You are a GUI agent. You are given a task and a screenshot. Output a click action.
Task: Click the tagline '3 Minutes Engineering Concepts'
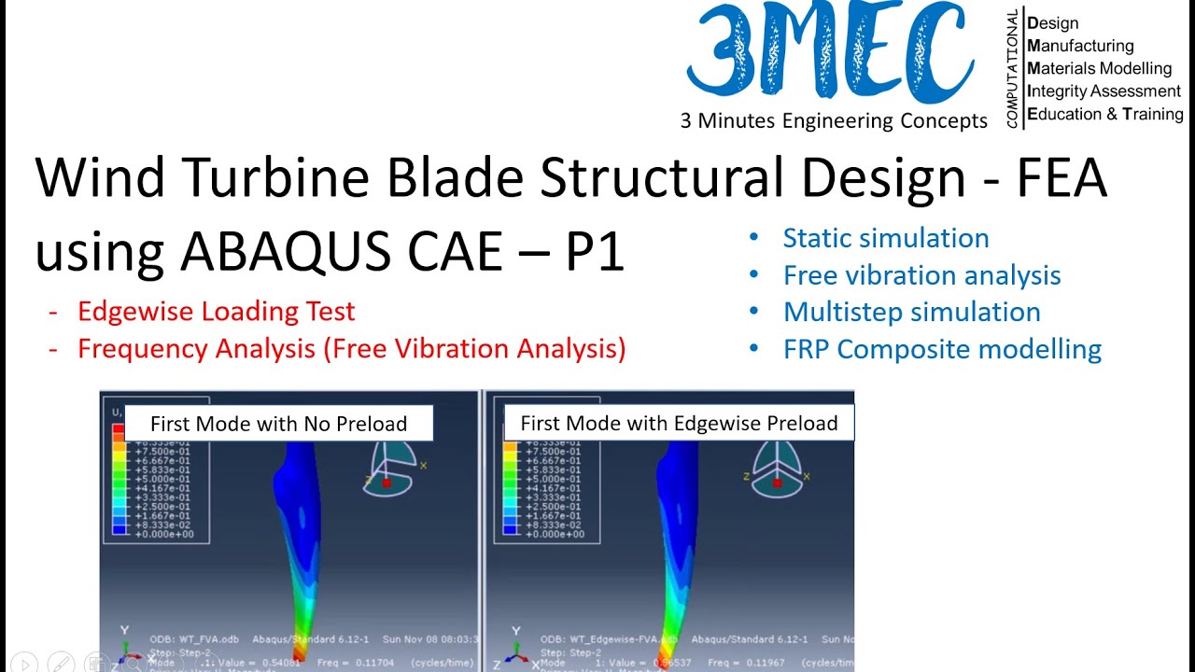coord(833,121)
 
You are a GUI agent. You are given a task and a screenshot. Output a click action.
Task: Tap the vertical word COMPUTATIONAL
coord(1012,69)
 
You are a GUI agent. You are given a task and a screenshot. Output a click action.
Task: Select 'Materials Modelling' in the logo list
coord(1099,68)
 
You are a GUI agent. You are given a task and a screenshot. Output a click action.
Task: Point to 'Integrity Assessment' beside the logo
coord(1104,91)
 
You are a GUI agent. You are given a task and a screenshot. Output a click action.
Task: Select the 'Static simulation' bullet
coord(885,238)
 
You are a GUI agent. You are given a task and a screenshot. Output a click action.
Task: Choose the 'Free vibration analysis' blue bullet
coord(921,275)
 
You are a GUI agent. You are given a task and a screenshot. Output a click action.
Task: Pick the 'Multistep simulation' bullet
coord(911,312)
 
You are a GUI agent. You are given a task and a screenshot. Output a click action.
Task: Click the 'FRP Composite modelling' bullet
coord(942,349)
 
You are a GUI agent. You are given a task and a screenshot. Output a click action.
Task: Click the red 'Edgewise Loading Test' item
coord(216,311)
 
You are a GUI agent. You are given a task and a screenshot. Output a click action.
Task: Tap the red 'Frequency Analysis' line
coord(351,348)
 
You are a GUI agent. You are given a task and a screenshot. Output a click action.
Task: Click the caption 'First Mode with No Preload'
coord(278,424)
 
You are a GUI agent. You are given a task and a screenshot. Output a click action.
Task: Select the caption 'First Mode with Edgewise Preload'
coord(679,424)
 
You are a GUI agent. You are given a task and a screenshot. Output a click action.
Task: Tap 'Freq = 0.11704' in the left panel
coord(361,664)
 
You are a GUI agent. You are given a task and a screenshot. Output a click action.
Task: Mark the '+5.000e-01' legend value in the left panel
coord(163,479)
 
